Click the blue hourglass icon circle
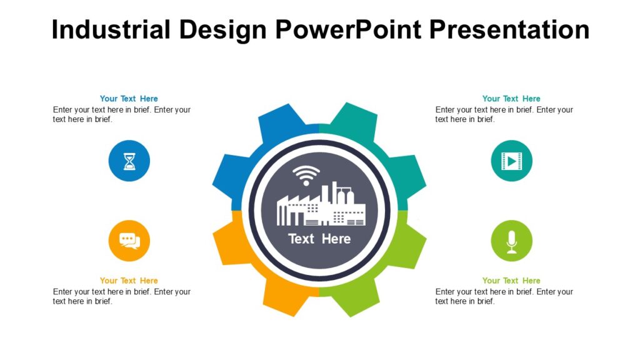coord(129,161)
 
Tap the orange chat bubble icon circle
coord(129,241)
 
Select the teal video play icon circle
coord(511,161)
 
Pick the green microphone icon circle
coord(511,241)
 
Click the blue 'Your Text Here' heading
coord(129,99)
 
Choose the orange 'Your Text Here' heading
coord(129,281)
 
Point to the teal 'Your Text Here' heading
coord(511,99)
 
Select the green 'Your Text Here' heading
coord(511,281)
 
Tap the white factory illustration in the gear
coord(321,206)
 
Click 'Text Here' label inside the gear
coord(319,239)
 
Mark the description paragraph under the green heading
coord(504,296)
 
